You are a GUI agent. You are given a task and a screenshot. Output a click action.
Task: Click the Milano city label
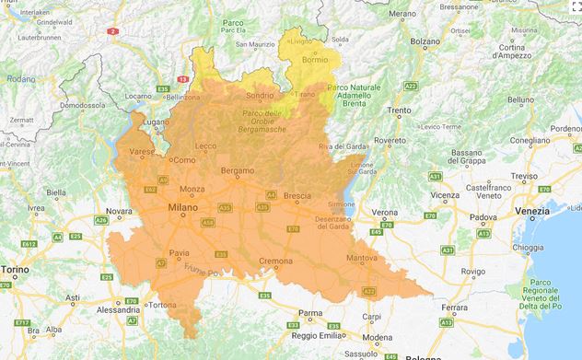(182, 208)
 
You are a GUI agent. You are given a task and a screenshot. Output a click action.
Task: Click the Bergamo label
(237, 171)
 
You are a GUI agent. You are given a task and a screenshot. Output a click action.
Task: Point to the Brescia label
(297, 195)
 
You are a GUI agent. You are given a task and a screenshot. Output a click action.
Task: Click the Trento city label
(399, 110)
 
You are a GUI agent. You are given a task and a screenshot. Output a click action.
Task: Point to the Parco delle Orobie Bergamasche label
(263, 120)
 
